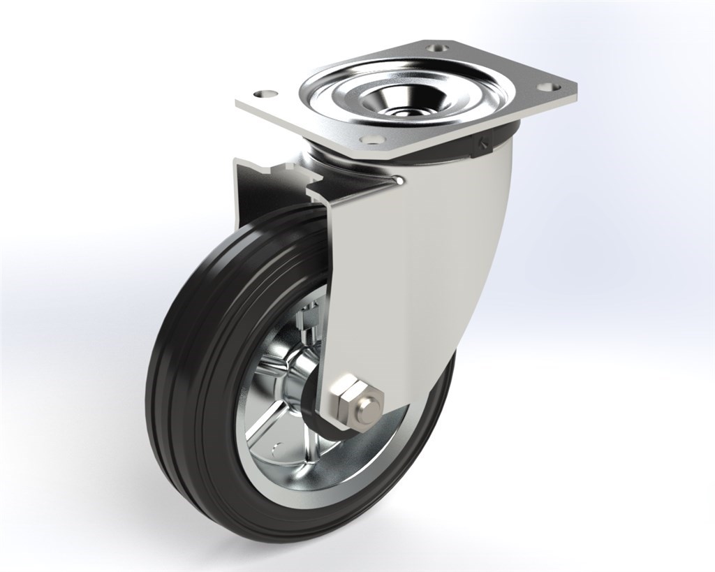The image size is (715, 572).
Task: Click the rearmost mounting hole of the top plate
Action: [x=438, y=47]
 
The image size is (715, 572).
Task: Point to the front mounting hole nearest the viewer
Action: [x=372, y=140]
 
